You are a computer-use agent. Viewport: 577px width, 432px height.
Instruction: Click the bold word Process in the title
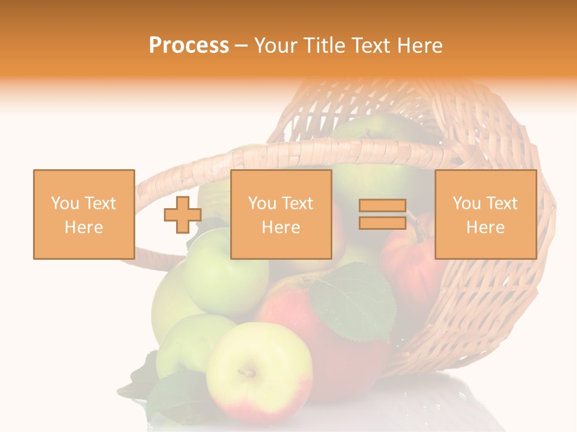189,46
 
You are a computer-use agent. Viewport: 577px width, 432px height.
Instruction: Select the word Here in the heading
420,46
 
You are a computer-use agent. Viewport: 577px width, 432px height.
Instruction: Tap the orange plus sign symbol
183,214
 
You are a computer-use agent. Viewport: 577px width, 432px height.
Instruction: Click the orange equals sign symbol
382,214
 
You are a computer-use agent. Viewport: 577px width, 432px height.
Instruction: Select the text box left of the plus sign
84,214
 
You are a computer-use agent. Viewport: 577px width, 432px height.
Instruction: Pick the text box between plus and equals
281,214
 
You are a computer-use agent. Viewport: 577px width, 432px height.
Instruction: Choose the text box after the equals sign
485,214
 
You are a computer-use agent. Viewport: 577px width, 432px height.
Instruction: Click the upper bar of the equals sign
382,206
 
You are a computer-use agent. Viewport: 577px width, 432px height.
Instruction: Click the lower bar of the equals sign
382,223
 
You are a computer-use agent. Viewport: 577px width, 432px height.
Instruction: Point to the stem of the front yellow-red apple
246,373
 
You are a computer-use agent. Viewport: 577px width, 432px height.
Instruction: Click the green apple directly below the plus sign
225,273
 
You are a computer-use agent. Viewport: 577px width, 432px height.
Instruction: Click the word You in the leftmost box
65,203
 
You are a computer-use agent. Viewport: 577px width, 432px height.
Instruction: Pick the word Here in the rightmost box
485,227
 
